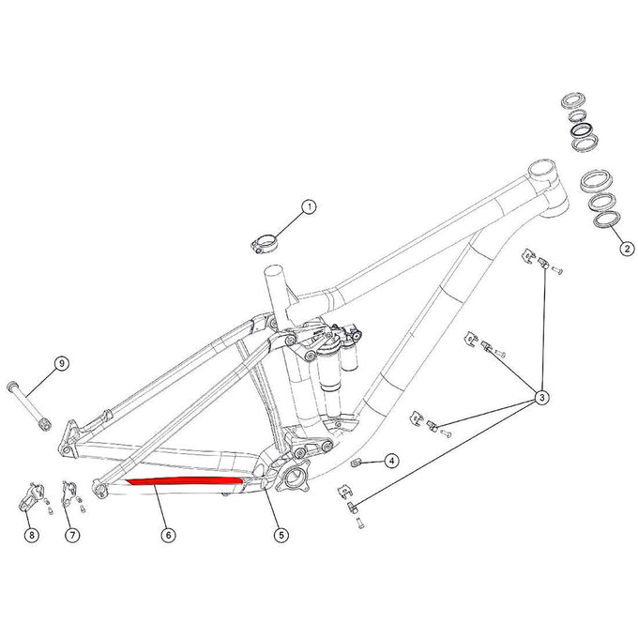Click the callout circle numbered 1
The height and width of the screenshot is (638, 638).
[x=309, y=206]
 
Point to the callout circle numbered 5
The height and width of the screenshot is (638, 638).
[x=281, y=535]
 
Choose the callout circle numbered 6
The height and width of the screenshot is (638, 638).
[x=168, y=535]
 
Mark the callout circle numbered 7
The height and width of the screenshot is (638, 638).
[x=70, y=535]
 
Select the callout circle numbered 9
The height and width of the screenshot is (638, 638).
[x=61, y=364]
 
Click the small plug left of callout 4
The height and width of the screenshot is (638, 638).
[x=357, y=462]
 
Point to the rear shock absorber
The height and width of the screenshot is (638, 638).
[x=330, y=361]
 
